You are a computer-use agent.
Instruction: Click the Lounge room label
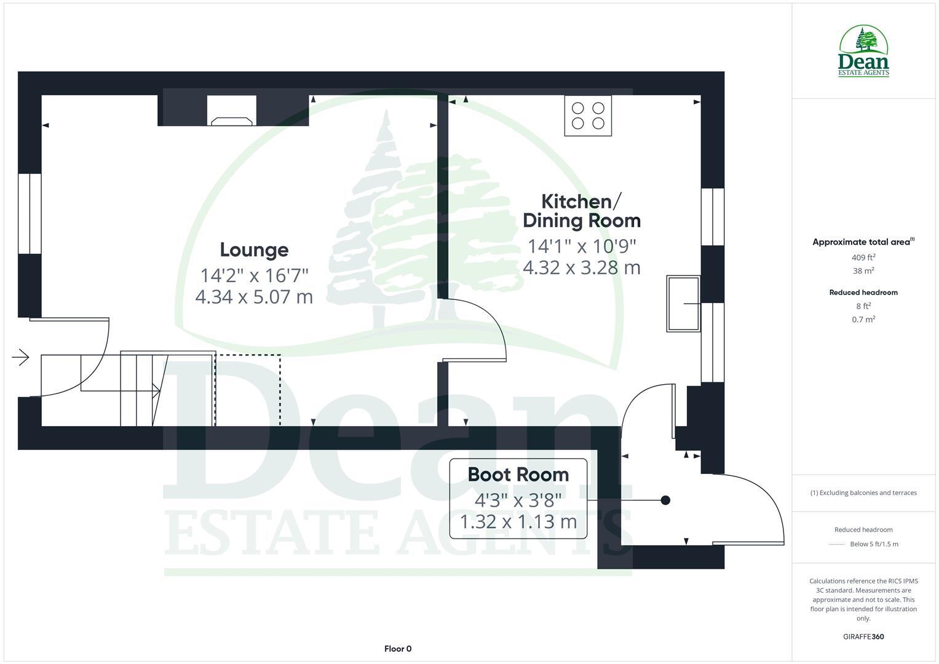pos(254,250)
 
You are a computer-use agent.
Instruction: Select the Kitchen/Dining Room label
pos(581,211)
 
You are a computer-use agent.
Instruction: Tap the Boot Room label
pos(518,475)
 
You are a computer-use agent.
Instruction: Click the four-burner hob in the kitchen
pos(588,116)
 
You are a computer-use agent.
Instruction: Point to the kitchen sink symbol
pos(683,304)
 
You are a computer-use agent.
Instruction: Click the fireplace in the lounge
pos(232,111)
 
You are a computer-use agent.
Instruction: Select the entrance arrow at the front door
pos(21,357)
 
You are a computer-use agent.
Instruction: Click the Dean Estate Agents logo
pos(863,52)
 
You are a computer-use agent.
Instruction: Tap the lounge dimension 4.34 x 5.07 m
pos(254,297)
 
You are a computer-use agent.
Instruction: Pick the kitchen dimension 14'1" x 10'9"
pos(582,246)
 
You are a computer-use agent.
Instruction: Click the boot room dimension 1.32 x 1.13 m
pos(518,522)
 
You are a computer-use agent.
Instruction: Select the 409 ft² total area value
pos(863,258)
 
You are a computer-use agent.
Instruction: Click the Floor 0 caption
pos(398,649)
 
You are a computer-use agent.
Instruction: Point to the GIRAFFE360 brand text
pos(863,636)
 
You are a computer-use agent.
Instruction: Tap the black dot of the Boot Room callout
pos(665,500)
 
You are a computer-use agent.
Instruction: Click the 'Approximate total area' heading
pos(863,242)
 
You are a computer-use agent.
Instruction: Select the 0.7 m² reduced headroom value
pos(863,320)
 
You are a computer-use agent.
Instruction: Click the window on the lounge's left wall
pos(29,213)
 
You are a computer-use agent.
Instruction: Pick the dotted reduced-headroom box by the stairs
pos(248,390)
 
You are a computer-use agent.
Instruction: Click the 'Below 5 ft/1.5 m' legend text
pos(874,544)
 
